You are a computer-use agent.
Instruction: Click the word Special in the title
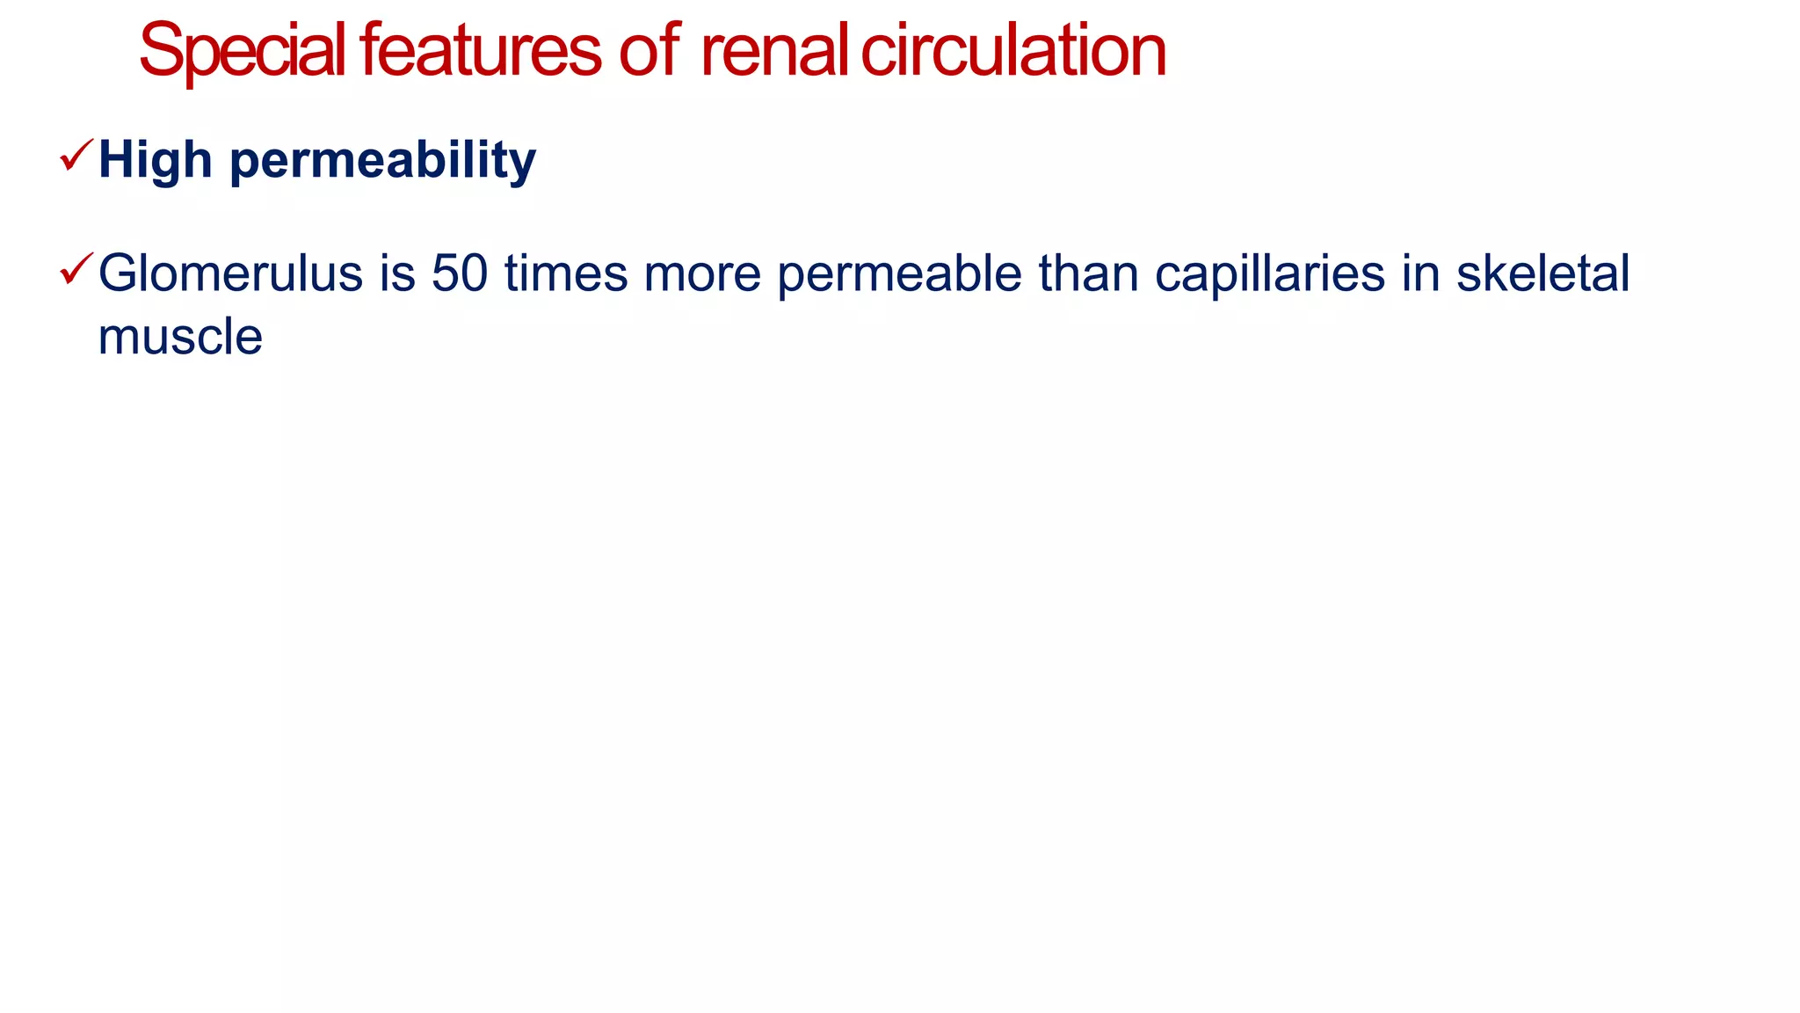[x=242, y=51]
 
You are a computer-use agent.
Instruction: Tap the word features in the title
[x=480, y=51]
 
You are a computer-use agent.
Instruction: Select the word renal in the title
[x=773, y=51]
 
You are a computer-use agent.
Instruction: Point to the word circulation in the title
[x=1013, y=51]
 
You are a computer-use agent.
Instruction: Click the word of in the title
[x=649, y=51]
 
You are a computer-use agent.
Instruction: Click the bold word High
[x=156, y=160]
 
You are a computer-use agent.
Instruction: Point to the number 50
[x=460, y=273]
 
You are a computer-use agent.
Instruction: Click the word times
[x=566, y=273]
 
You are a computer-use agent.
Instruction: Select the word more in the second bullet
[x=702, y=273]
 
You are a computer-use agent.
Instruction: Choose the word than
[x=1087, y=273]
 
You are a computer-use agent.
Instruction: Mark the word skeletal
[x=1542, y=273]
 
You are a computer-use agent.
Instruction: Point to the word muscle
[x=180, y=337]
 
